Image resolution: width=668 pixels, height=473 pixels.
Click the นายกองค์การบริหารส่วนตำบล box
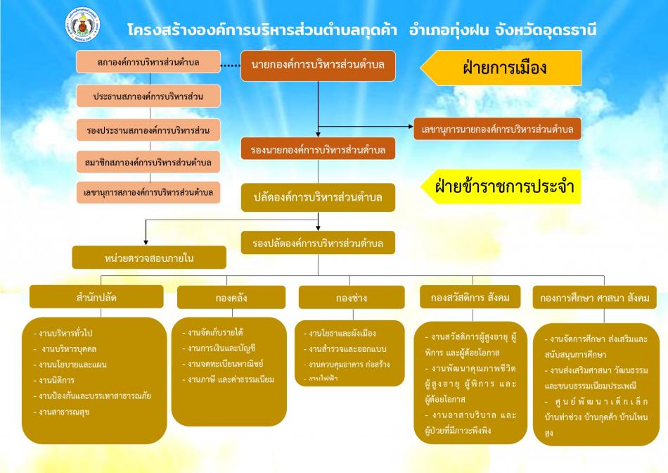pyautogui.click(x=318, y=65)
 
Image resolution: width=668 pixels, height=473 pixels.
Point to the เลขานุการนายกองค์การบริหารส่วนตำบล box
pyautogui.click(x=497, y=129)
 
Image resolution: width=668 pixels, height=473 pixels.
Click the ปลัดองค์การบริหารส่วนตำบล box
pyautogui.click(x=318, y=198)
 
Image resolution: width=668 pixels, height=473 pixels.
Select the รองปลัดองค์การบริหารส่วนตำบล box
pyautogui.click(x=318, y=243)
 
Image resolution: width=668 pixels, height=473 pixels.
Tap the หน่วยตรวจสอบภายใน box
pyautogui.click(x=149, y=258)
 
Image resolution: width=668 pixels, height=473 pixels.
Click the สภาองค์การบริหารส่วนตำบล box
pyautogui.click(x=148, y=63)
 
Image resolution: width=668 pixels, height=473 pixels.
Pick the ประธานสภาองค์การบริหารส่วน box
pyautogui.click(x=148, y=96)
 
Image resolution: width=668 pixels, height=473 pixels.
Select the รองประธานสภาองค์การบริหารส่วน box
pyautogui.click(x=148, y=130)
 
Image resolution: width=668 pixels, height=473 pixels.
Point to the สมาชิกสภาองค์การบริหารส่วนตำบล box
pyautogui.click(x=148, y=162)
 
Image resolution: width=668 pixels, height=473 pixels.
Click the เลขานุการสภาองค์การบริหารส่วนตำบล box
pyautogui.click(x=148, y=192)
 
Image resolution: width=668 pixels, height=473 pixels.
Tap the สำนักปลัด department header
pyautogui.click(x=96, y=296)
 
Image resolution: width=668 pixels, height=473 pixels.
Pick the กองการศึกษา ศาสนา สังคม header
pyautogui.click(x=594, y=297)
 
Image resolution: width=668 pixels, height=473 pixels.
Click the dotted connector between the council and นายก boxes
pyautogui.click(x=231, y=65)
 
